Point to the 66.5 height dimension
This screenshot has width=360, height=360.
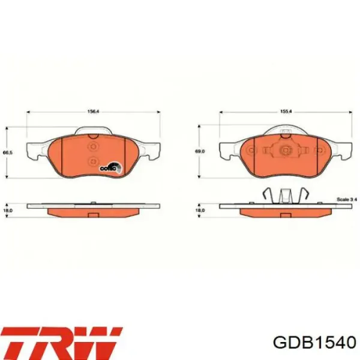coord(7,153)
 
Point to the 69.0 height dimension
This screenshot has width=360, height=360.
coord(200,152)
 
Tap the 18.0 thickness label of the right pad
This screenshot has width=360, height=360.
coord(200,210)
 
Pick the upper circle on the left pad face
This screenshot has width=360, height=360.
coord(92,147)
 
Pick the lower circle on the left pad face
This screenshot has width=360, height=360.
coord(92,161)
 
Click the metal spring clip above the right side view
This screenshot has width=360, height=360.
coord(286,196)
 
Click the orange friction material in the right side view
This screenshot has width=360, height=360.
coord(286,211)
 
